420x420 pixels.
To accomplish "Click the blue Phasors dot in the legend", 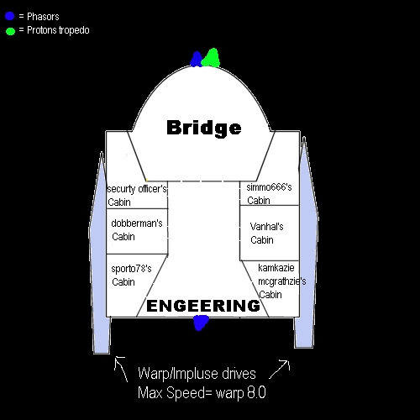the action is [x=10, y=16].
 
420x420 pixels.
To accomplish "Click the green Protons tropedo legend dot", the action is [x=10, y=31].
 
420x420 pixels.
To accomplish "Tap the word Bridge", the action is [x=204, y=129].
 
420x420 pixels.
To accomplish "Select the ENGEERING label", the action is [x=203, y=306].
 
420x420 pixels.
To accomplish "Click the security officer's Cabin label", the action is [x=137, y=195].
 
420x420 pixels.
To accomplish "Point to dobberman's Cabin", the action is [x=137, y=230].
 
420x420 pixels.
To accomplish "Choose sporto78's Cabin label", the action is [x=131, y=275].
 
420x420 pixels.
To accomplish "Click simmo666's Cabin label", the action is [x=269, y=194].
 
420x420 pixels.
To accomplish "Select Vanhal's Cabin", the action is [x=266, y=234].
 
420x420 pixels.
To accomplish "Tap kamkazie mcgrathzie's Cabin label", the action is [x=281, y=281].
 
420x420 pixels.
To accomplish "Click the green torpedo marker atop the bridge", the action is [x=211, y=58].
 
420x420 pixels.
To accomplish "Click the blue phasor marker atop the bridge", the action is [x=197, y=59].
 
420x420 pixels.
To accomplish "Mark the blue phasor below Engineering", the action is [x=201, y=323].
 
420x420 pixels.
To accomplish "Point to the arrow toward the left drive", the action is [x=121, y=369].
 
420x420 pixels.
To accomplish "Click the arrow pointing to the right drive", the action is [x=279, y=370].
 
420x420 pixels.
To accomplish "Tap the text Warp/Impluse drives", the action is [x=197, y=374].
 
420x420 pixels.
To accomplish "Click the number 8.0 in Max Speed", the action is [x=256, y=392].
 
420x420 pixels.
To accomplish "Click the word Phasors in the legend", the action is [x=43, y=17].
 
